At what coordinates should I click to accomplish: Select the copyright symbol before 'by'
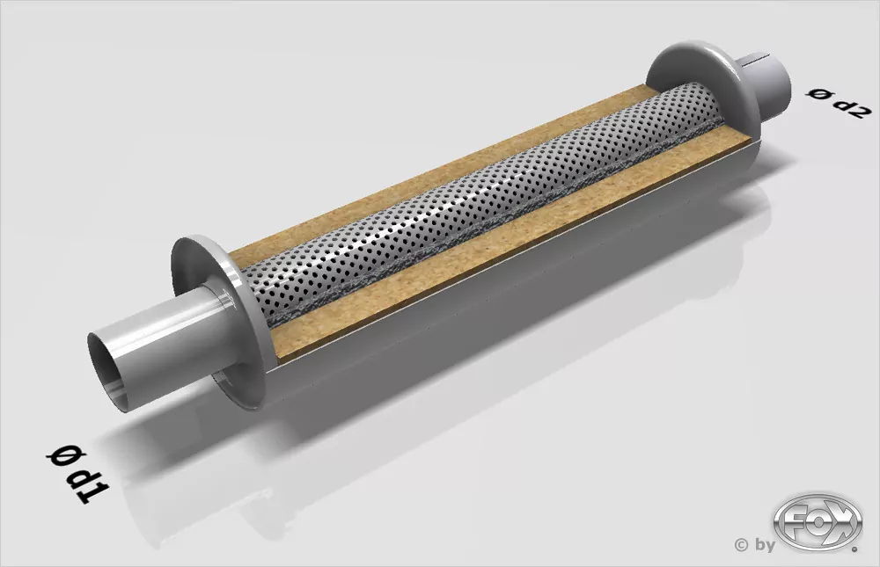(x=741, y=545)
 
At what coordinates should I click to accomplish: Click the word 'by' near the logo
(x=763, y=545)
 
